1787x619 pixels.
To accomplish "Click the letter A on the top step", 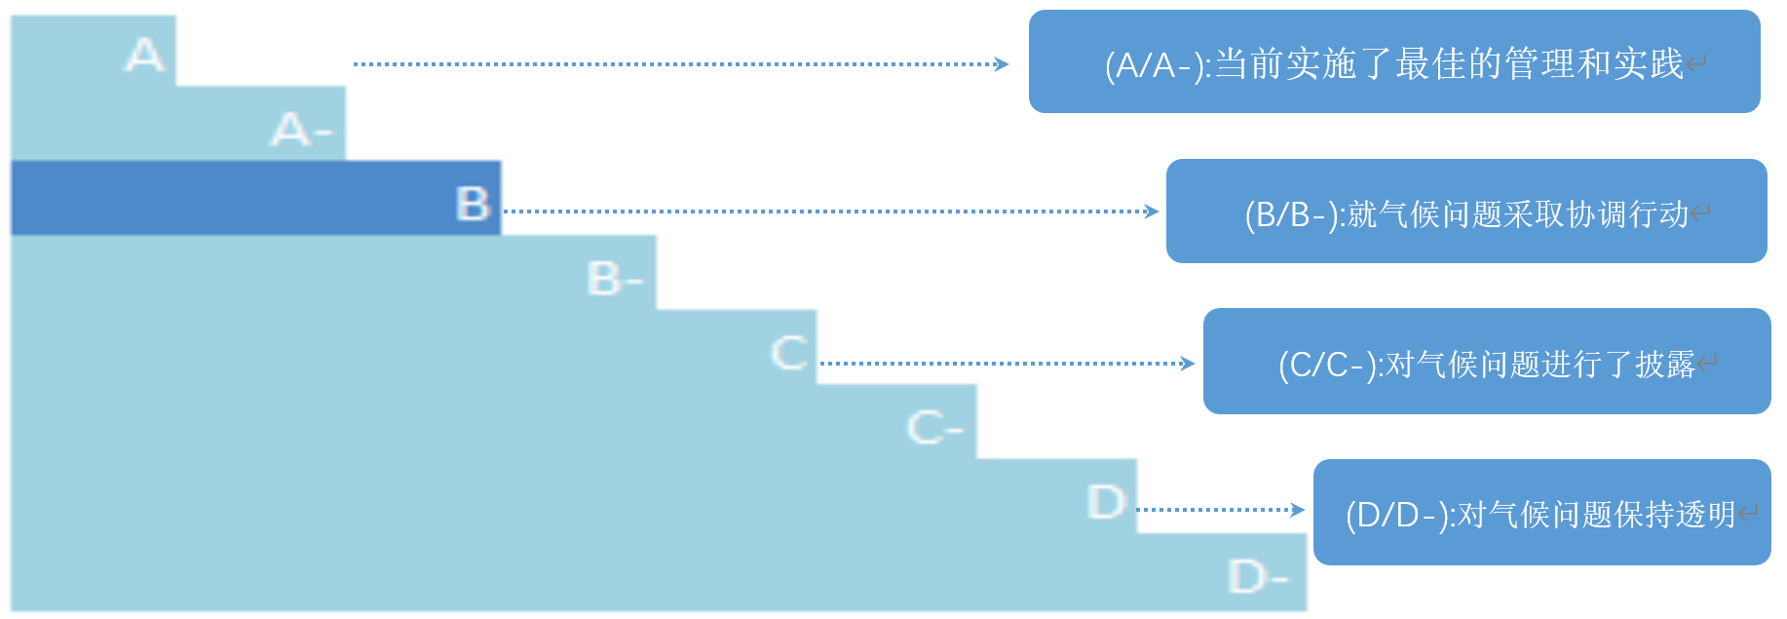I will (144, 55).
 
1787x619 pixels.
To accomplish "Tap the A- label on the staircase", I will (301, 129).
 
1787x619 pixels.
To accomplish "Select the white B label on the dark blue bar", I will (474, 204).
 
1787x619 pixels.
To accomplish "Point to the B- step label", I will (615, 279).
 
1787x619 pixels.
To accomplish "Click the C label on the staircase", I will (789, 352).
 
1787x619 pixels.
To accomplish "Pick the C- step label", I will (934, 427).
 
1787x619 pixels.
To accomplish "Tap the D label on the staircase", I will (1106, 502).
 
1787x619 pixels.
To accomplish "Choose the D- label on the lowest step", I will (1257, 576).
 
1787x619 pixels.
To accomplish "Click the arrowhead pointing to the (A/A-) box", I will (1002, 64).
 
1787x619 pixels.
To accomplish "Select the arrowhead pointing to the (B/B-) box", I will (1152, 212).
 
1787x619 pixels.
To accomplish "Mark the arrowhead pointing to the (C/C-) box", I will (1188, 364).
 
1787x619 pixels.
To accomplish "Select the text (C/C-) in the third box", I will (1326, 365).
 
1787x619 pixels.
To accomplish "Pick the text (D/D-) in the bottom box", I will (1396, 515).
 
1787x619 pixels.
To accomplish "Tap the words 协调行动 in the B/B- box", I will (1627, 214).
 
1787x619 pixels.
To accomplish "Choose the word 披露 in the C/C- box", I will (1665, 365).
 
